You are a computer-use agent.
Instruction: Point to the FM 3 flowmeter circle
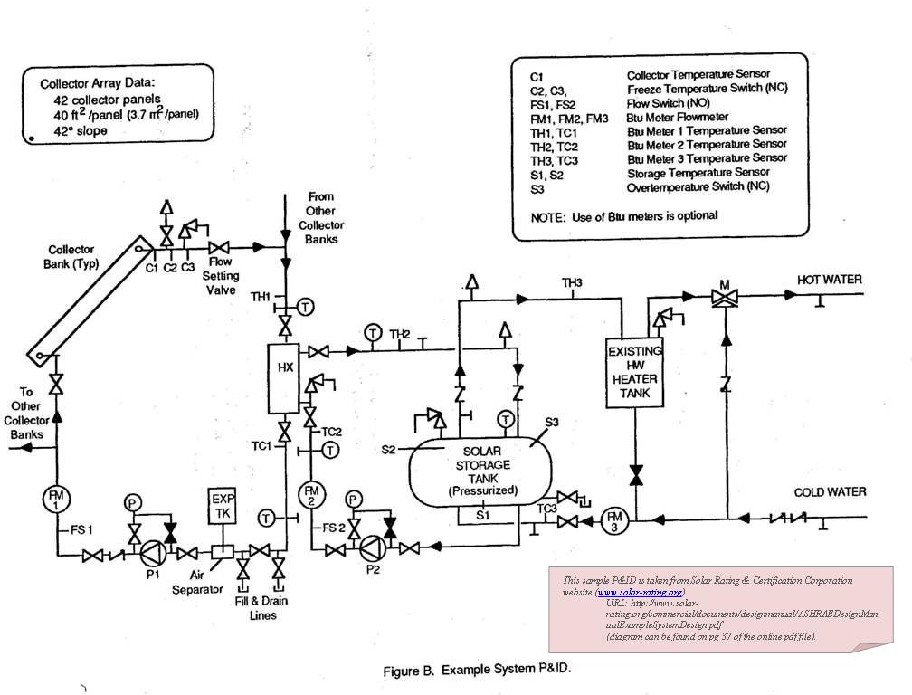[x=613, y=520]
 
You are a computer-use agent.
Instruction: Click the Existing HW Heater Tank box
[x=635, y=372]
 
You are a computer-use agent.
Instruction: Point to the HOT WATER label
[x=829, y=280]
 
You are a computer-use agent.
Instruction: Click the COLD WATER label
[x=830, y=492]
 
